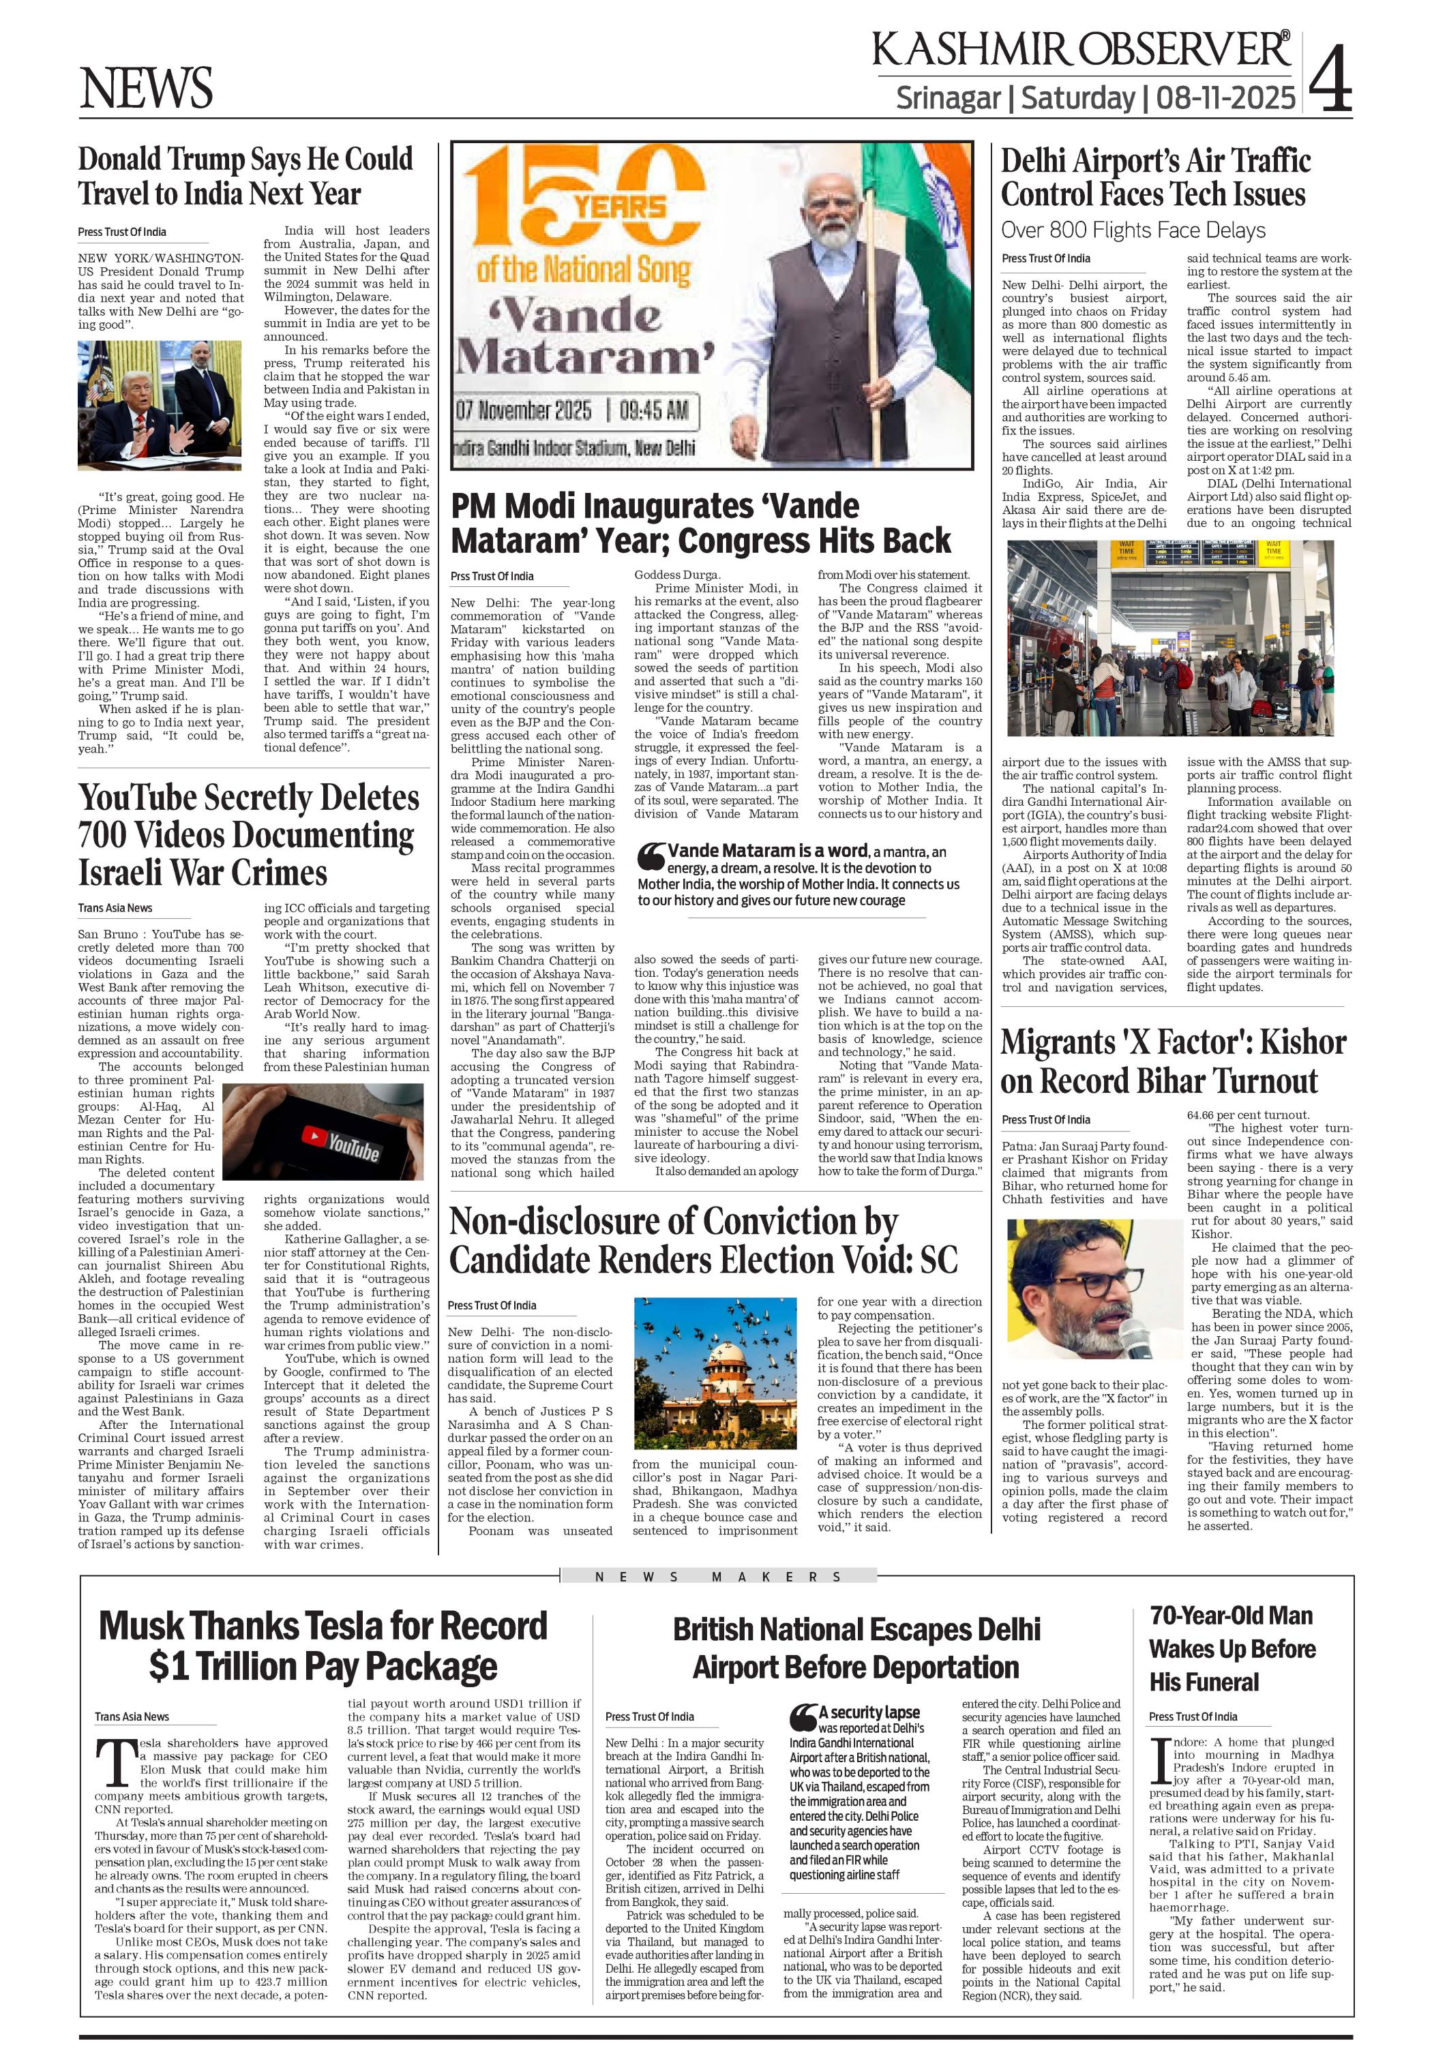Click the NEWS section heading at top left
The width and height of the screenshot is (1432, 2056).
(146, 89)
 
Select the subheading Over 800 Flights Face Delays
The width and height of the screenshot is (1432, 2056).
(1133, 230)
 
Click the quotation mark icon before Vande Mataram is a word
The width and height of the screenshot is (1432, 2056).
(650, 857)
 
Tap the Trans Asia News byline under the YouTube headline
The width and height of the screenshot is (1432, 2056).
(115, 908)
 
